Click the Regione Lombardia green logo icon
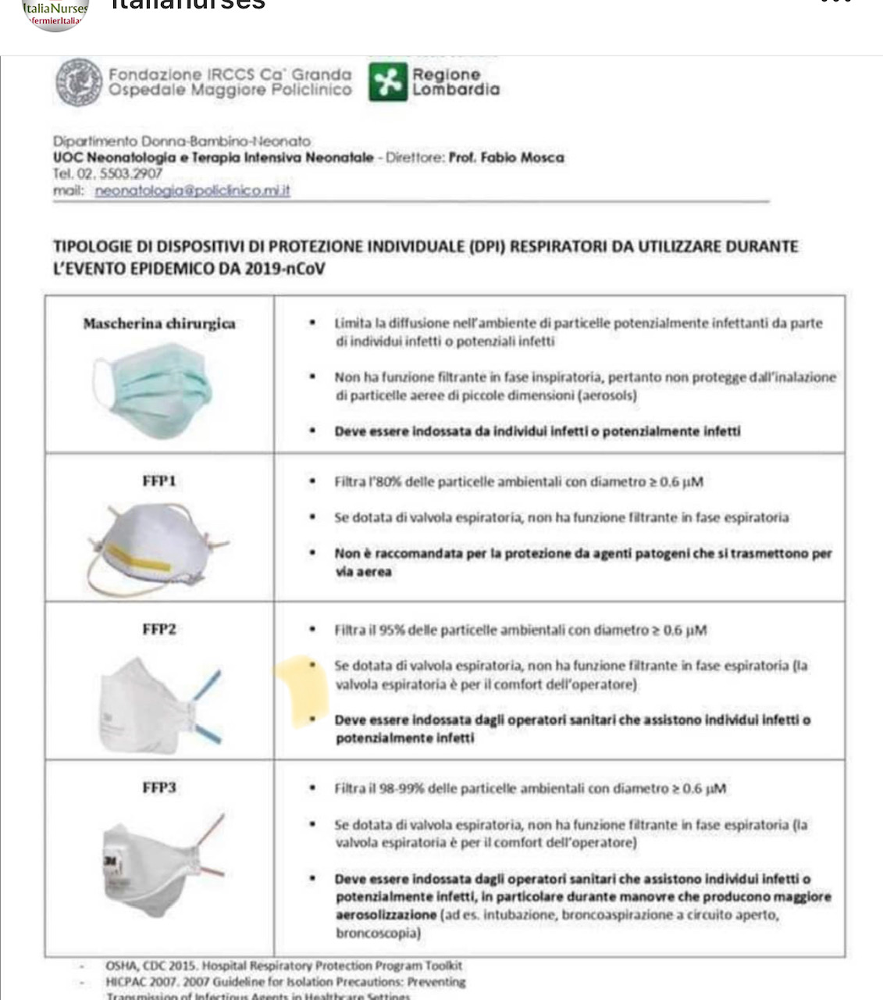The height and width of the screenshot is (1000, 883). coord(388,82)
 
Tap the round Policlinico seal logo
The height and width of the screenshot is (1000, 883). coord(80,82)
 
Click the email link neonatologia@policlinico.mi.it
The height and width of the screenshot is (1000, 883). coord(192,191)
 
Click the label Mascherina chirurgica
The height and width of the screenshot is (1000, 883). coord(159,323)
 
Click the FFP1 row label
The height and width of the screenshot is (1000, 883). coord(158,480)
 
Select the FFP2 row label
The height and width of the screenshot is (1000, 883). coord(158,629)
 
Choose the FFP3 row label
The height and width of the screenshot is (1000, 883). coord(158,787)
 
